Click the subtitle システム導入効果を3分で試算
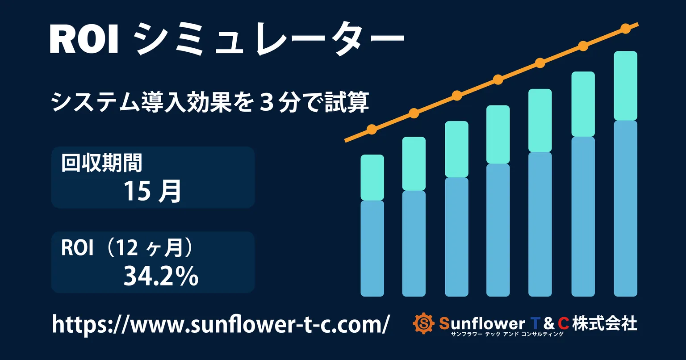(x=210, y=102)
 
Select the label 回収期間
(x=102, y=163)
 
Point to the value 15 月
(x=152, y=191)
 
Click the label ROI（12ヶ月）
(x=127, y=248)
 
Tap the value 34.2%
(x=161, y=276)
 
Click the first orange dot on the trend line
(x=372, y=130)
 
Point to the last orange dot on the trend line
(x=626, y=29)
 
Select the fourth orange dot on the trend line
(x=498, y=80)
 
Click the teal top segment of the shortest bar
(x=372, y=177)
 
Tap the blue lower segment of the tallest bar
(x=625, y=208)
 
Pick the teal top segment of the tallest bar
(x=625, y=86)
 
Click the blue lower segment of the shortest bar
(x=372, y=248)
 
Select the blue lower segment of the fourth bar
(x=498, y=230)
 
